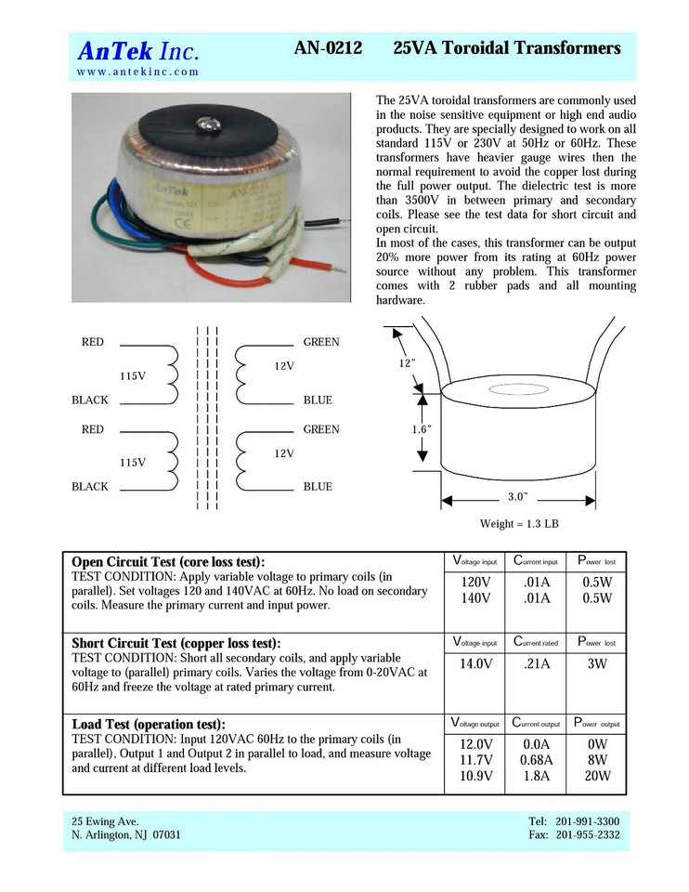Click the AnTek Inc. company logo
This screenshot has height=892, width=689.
(x=137, y=50)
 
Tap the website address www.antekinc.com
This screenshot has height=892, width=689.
(x=137, y=72)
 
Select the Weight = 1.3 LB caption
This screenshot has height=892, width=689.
(x=519, y=524)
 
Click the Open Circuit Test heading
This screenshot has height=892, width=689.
(x=168, y=562)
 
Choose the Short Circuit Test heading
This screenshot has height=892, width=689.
(x=175, y=643)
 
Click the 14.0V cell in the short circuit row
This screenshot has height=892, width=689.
(x=475, y=663)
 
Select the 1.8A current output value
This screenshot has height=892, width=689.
(x=536, y=777)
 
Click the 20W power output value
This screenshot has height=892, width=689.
(x=596, y=777)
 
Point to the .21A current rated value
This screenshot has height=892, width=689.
(x=536, y=663)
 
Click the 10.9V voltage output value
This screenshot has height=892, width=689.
(x=475, y=777)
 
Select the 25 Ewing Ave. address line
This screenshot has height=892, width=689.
(x=105, y=821)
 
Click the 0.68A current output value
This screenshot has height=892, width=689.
(x=536, y=760)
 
